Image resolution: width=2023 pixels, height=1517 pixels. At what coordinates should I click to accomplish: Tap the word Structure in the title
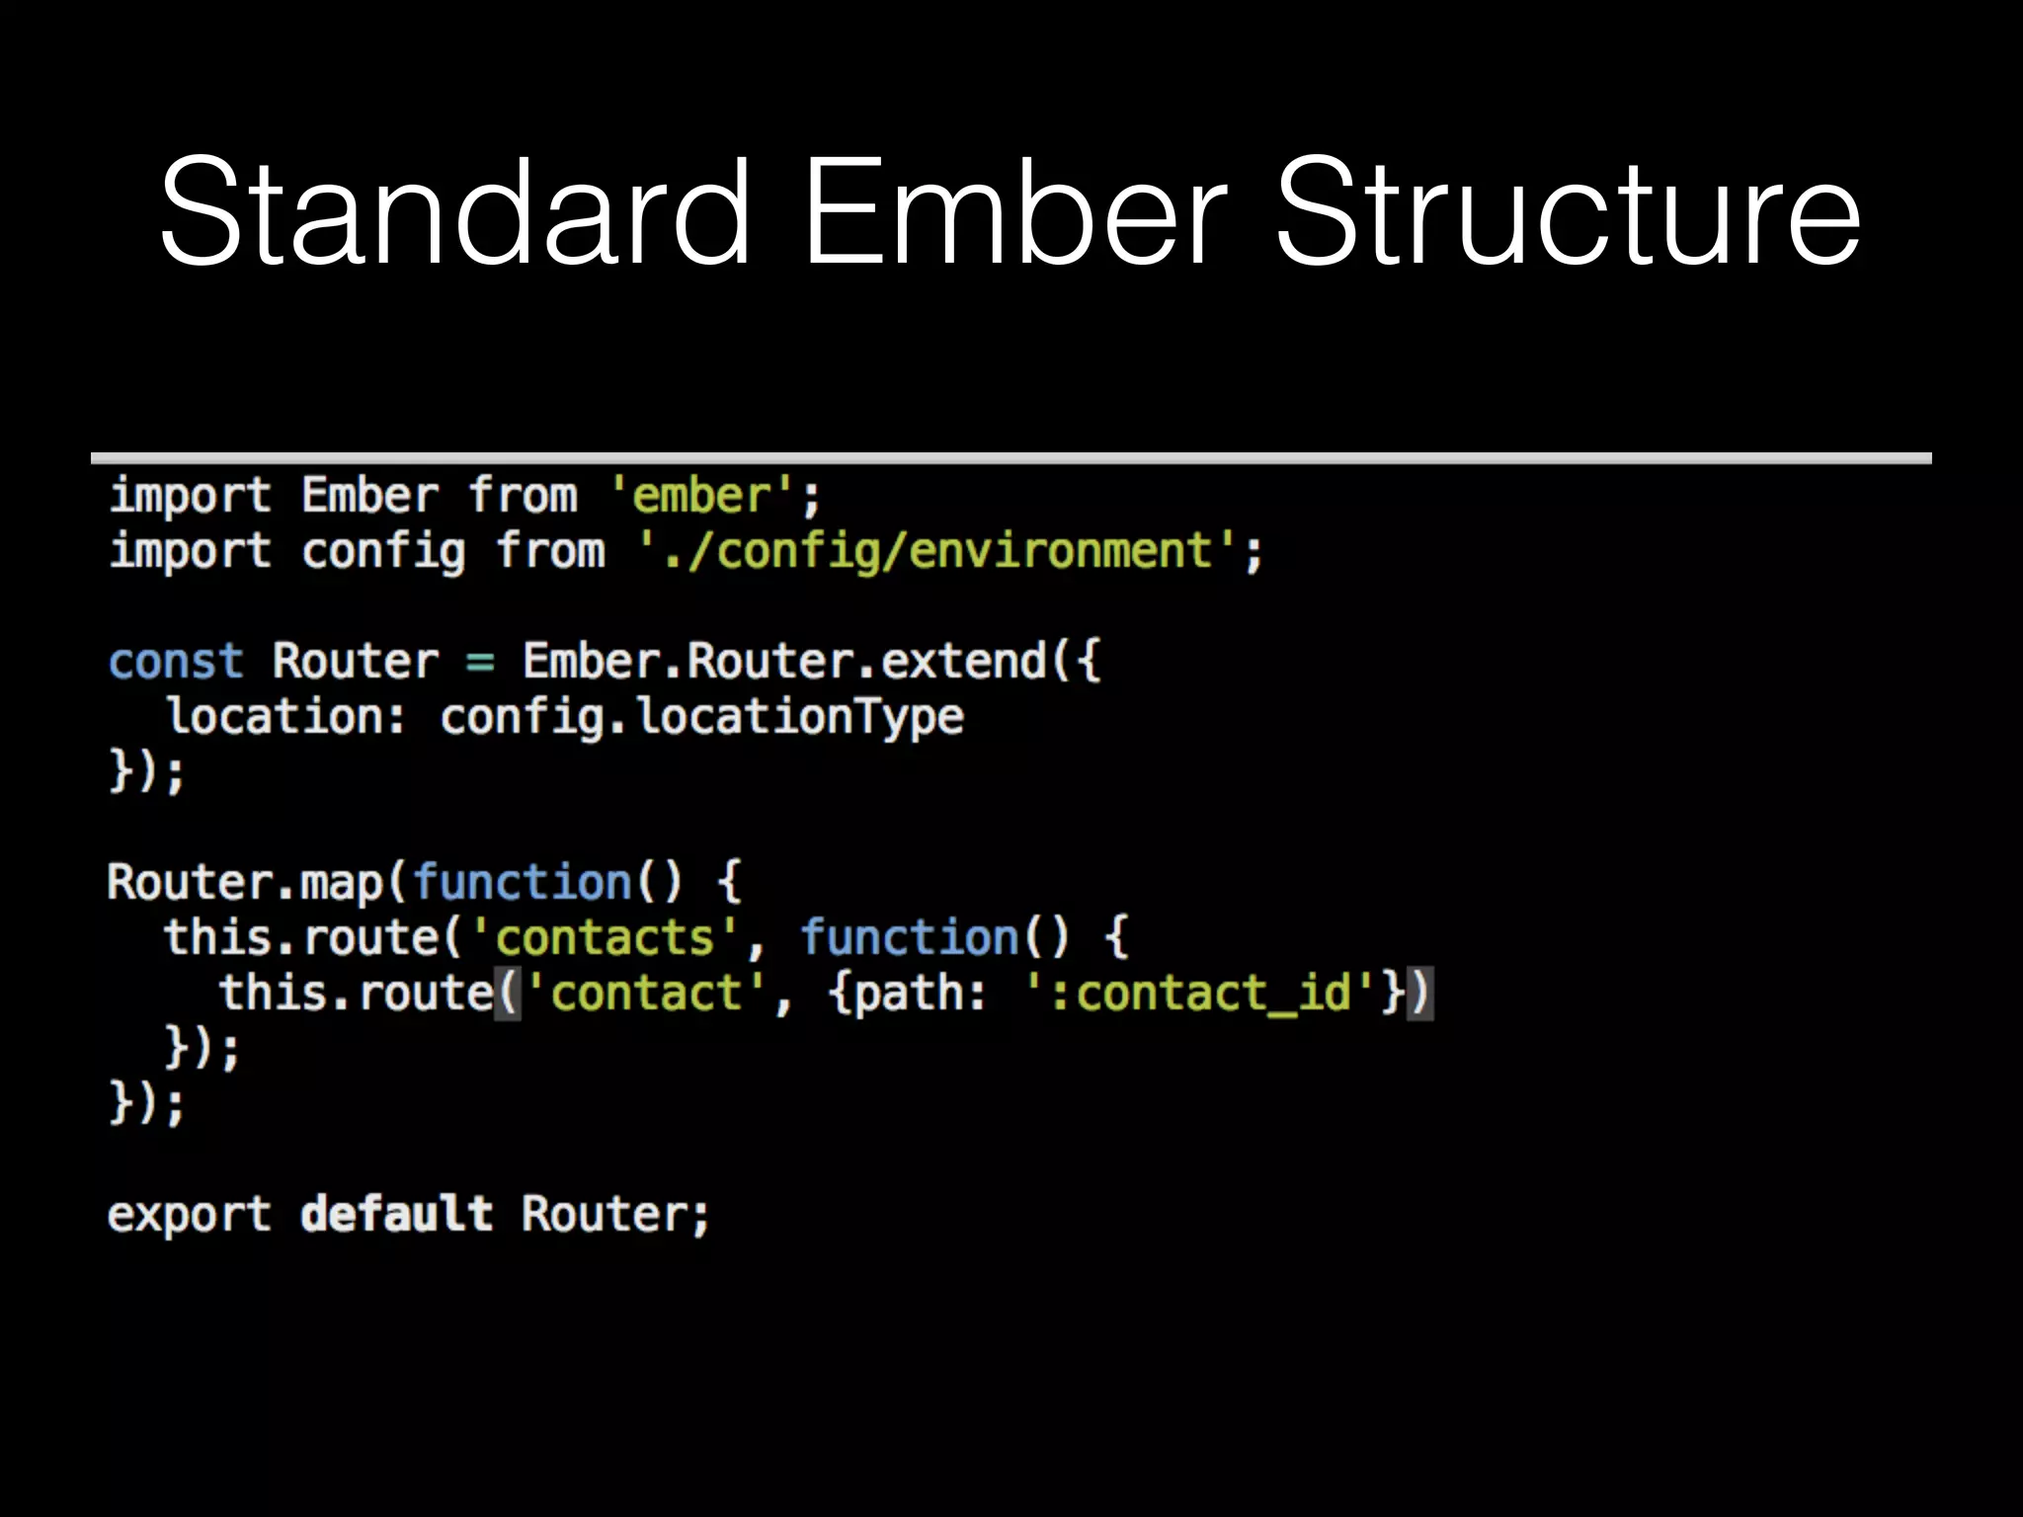tap(1568, 215)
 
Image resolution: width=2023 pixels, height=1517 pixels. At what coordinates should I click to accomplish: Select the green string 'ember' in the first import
tap(701, 496)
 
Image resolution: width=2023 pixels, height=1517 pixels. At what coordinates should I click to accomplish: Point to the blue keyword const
tap(176, 662)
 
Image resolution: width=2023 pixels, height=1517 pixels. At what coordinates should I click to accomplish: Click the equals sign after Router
tap(480, 662)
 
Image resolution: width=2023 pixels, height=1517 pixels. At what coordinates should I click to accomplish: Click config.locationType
tap(701, 717)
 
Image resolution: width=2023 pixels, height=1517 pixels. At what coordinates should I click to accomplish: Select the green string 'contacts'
tap(605, 937)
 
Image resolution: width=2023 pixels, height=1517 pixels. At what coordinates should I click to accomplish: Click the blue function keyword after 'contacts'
tap(909, 937)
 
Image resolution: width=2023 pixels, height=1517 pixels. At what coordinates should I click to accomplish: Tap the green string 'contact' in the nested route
tap(646, 993)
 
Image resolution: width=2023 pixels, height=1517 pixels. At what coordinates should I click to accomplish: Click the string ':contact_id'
tap(1199, 993)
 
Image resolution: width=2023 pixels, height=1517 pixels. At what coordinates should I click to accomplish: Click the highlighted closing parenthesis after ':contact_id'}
tap(1420, 993)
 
